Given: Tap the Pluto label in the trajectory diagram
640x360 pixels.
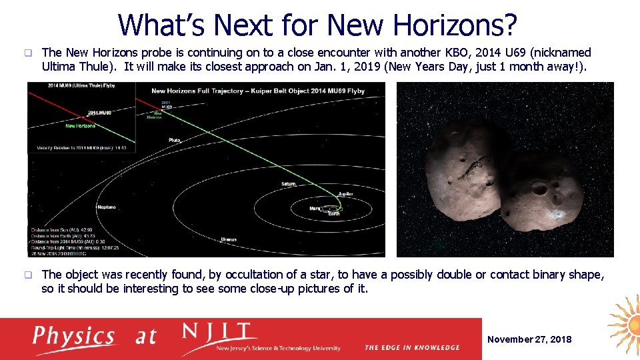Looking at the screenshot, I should [x=175, y=140].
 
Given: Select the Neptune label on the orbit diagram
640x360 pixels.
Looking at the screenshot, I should [x=106, y=207].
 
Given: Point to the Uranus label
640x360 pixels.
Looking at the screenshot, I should [x=228, y=239].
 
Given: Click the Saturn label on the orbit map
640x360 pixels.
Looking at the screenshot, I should [x=288, y=183].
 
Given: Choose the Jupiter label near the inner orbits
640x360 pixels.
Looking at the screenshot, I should [x=345, y=194].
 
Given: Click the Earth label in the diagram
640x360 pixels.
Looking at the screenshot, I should [x=333, y=213].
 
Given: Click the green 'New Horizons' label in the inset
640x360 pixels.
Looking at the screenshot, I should [x=80, y=125].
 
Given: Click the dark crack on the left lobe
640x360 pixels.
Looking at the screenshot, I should [x=475, y=163].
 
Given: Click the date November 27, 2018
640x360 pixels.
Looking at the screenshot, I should [x=529, y=339].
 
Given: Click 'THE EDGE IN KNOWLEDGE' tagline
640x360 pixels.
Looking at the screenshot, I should [x=412, y=347].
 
